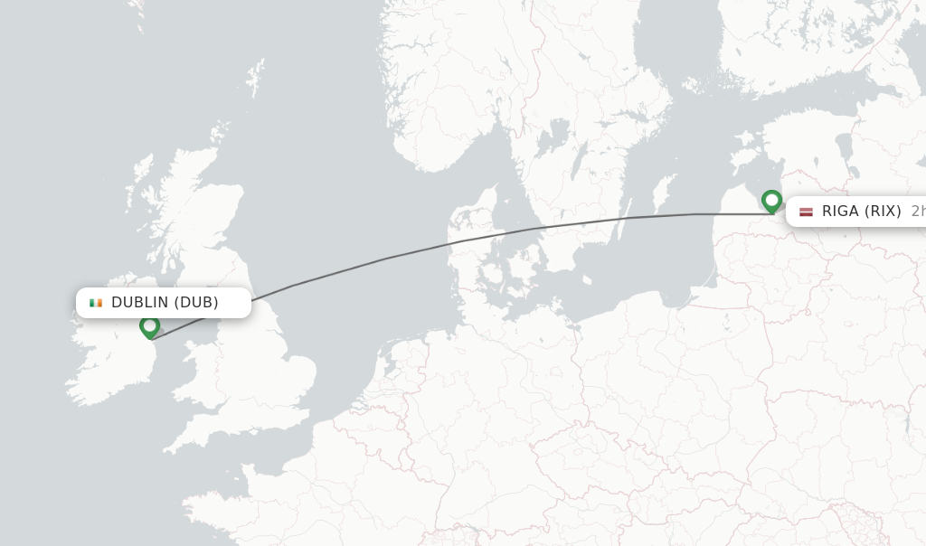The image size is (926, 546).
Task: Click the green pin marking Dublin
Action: click(x=150, y=325)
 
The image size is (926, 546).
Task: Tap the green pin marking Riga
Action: click(x=771, y=200)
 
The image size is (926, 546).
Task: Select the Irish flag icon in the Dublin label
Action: click(x=95, y=303)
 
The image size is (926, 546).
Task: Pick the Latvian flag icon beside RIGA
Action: click(x=806, y=212)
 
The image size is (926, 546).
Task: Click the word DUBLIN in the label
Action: click(x=140, y=303)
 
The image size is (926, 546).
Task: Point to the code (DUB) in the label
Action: click(x=196, y=303)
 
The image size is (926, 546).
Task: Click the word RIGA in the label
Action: click(x=840, y=212)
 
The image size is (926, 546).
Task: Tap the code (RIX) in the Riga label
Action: click(x=883, y=212)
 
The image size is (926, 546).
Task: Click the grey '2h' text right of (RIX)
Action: click(x=917, y=212)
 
